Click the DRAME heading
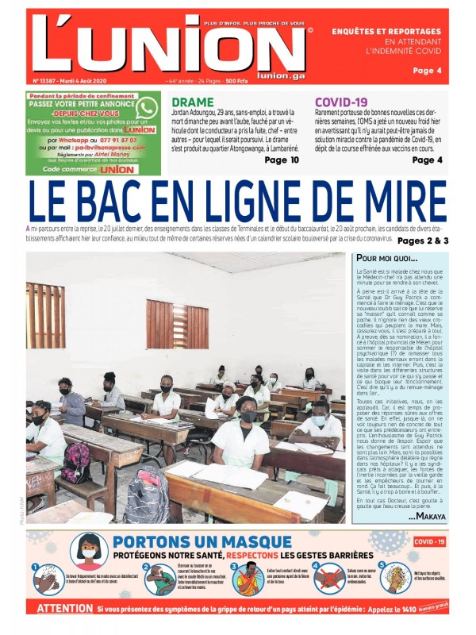pyautogui.click(x=193, y=102)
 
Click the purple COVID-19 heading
pyautogui.click(x=341, y=102)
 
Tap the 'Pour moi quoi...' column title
pyautogui.click(x=386, y=259)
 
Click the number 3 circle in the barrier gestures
pyautogui.click(x=236, y=568)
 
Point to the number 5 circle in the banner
pyautogui.click(x=383, y=567)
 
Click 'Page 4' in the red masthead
pyautogui.click(x=449, y=71)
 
